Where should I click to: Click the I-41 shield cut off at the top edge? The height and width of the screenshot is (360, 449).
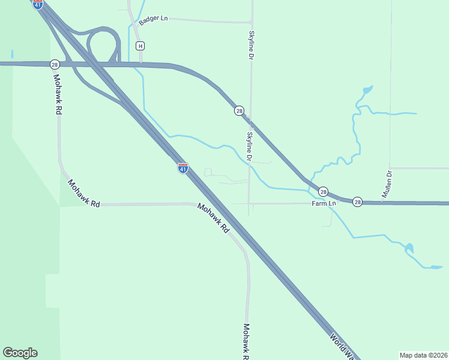click(38, 4)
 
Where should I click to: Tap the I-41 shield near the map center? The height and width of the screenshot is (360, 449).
click(183, 168)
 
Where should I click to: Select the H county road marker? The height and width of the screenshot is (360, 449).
click(140, 46)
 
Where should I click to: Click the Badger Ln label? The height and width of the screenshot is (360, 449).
click(153, 19)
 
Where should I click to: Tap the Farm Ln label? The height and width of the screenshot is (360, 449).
click(324, 203)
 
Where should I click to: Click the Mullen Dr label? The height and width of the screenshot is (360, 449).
click(387, 184)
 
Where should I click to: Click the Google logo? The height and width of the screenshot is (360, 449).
click(20, 353)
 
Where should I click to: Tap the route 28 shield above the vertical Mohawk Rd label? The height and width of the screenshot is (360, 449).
click(55, 64)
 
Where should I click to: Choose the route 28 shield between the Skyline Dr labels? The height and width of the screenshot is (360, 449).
click(239, 110)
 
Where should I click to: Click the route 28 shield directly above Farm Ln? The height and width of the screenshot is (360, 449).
click(323, 191)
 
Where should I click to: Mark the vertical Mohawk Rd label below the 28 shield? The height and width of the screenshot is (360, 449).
click(58, 94)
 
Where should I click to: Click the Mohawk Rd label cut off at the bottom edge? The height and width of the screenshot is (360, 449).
click(246, 341)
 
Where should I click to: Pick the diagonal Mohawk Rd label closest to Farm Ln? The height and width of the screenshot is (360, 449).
click(214, 218)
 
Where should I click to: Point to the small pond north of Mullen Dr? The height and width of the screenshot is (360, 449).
click(367, 91)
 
